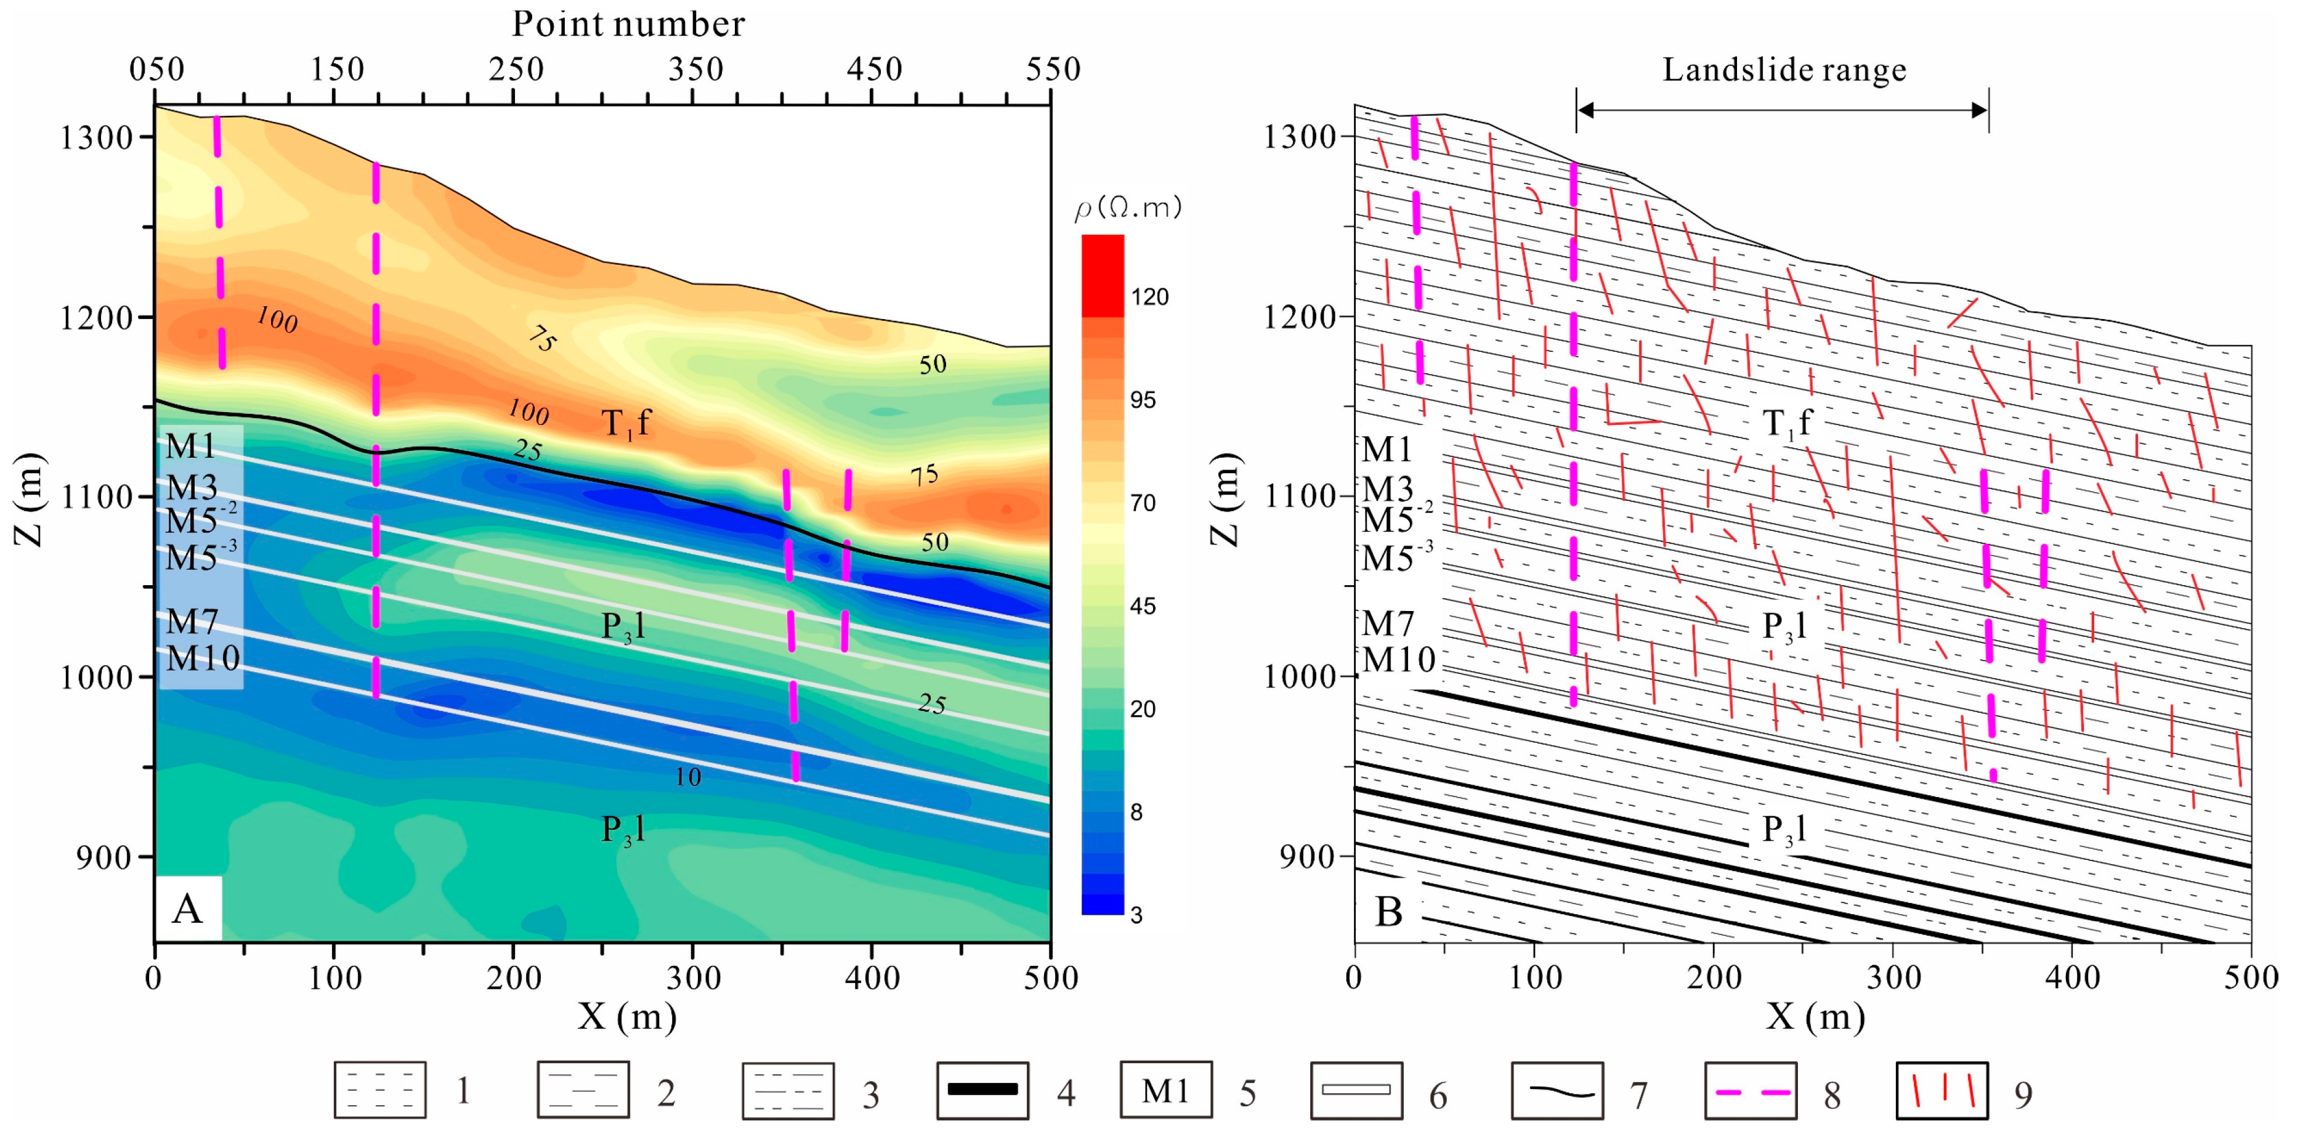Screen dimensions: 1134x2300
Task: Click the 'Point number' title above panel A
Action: (628, 24)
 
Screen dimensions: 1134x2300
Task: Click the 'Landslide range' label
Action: (1783, 70)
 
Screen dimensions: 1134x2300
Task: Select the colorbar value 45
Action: (1143, 606)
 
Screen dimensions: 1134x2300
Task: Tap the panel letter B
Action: (1389, 912)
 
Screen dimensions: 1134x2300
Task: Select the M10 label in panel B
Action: (1398, 659)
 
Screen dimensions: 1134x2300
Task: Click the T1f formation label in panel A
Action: (626, 423)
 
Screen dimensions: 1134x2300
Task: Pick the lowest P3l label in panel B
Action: (1783, 830)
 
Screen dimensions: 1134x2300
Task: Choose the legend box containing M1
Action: (1165, 1090)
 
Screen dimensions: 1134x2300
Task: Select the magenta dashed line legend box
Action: (1749, 1090)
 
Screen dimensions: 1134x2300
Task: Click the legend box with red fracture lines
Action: (1942, 1090)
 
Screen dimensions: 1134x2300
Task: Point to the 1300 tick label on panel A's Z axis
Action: (95, 137)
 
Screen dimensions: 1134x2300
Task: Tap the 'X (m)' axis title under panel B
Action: (1815, 1017)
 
